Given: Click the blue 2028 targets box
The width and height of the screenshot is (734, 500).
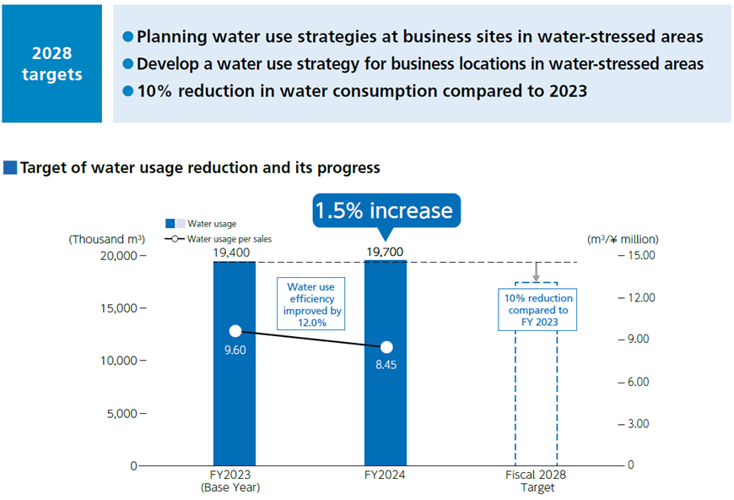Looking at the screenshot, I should click(x=51, y=64).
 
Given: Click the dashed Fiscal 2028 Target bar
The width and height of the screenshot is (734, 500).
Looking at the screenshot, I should click(x=537, y=397).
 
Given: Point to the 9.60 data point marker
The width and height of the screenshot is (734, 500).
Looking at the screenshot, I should click(x=235, y=331).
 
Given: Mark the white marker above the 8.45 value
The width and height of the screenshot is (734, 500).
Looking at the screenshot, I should click(x=386, y=347).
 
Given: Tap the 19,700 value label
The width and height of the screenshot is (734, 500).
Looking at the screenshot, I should click(x=385, y=252).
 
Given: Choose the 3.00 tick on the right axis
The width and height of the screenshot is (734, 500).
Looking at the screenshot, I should click(x=636, y=423).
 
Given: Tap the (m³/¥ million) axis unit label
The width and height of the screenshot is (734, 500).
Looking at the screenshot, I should click(x=623, y=239).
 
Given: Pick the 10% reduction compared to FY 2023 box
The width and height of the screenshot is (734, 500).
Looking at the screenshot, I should click(x=538, y=310).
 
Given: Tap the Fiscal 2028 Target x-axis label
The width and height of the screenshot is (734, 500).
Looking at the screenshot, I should click(x=537, y=481).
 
